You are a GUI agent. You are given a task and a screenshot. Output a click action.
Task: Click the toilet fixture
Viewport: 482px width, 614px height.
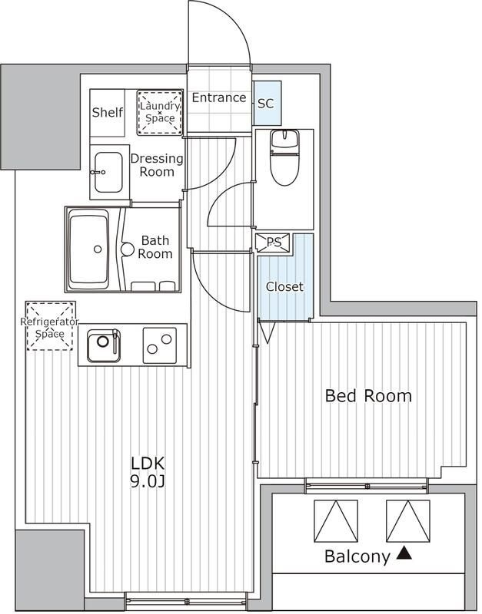tap(284, 157)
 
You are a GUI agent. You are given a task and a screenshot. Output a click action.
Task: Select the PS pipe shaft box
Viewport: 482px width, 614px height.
tap(274, 243)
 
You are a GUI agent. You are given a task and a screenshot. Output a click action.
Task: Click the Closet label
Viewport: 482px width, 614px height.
tap(284, 286)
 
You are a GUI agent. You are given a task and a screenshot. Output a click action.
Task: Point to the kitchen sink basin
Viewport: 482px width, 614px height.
tap(104, 345)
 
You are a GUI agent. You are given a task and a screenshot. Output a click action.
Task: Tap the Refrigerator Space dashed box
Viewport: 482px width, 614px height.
tap(50, 325)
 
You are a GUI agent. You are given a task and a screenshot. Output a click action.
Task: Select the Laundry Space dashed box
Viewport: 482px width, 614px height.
tap(160, 112)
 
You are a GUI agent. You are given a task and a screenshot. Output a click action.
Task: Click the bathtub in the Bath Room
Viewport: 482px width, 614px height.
tap(88, 249)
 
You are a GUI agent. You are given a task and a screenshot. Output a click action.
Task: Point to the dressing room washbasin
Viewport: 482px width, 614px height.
tap(108, 172)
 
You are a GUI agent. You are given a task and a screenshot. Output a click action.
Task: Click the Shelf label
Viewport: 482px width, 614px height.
tap(108, 112)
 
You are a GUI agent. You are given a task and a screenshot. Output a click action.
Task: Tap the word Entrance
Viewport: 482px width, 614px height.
tap(219, 97)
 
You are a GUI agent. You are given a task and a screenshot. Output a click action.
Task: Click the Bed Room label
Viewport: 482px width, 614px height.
tap(369, 396)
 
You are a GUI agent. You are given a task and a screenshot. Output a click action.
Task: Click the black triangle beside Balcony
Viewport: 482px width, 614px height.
tap(404, 553)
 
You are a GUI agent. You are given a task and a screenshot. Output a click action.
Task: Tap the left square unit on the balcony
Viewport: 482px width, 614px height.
tap(336, 521)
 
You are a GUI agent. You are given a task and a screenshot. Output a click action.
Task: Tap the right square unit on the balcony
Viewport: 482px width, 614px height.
tap(408, 521)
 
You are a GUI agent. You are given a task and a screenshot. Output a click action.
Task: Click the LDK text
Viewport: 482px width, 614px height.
tap(148, 464)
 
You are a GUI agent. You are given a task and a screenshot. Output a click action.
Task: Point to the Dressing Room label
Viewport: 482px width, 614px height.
tap(157, 165)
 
